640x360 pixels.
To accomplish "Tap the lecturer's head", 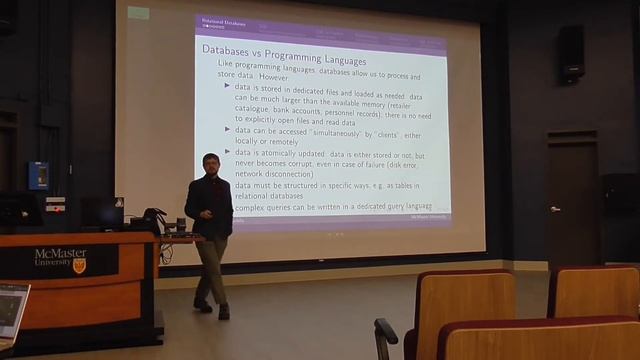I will pos(210,163).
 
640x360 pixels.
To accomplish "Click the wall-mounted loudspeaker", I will pos(571,54).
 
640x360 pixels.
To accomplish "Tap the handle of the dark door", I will pos(554,209).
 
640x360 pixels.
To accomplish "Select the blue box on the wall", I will pos(38,176).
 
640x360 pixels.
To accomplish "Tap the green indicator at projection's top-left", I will pos(138,13).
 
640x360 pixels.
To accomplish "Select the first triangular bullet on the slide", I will pos(227,85).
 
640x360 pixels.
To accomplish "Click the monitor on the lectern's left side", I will pos(20,210).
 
